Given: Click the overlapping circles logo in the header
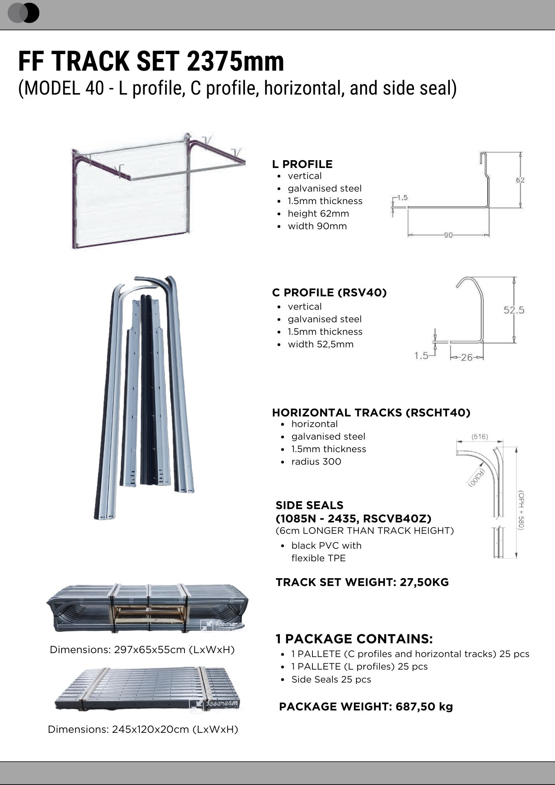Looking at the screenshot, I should pyautogui.click(x=24, y=13).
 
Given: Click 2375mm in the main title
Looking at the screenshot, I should pyautogui.click(x=235, y=62).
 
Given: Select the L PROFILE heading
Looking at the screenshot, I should pyautogui.click(x=302, y=164).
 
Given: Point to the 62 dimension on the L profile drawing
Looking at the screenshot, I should pyautogui.click(x=520, y=180).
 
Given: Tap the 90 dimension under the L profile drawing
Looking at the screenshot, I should pyautogui.click(x=448, y=235).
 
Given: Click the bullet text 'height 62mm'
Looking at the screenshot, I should pyautogui.click(x=318, y=214).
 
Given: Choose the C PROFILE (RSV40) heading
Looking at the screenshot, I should pyautogui.click(x=329, y=292).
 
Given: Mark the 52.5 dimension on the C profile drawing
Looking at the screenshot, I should pyautogui.click(x=514, y=310).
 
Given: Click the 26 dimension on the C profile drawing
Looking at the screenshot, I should pyautogui.click(x=467, y=357).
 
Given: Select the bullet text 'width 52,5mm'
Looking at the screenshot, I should pyautogui.click(x=320, y=344).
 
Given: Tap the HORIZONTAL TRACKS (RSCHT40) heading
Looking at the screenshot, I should pyautogui.click(x=371, y=413).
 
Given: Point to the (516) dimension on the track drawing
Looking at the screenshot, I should pyautogui.click(x=480, y=436).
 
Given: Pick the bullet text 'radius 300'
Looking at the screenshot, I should pyautogui.click(x=316, y=462).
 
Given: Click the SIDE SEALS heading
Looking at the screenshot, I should pyautogui.click(x=309, y=505).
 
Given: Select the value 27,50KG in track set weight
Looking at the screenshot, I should pyautogui.click(x=424, y=582).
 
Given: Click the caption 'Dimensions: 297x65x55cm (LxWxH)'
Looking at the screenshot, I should pyautogui.click(x=142, y=650).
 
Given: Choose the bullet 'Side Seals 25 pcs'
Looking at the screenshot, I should pyautogui.click(x=331, y=679).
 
